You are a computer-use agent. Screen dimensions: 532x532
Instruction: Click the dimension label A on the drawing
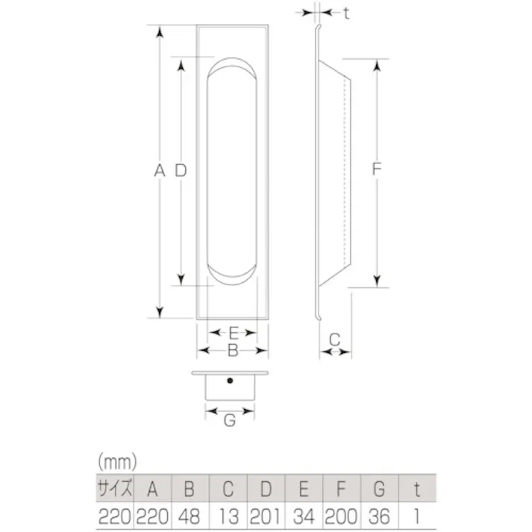[158, 171]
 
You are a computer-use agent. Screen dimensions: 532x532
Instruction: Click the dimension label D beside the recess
[180, 171]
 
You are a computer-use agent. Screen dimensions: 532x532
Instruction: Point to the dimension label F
[377, 171]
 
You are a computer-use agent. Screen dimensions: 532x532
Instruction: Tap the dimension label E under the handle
[233, 333]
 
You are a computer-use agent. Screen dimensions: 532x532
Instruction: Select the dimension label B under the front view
[233, 349]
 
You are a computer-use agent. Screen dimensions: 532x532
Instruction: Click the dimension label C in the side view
[334, 339]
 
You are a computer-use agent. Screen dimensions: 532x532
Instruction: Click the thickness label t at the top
[347, 13]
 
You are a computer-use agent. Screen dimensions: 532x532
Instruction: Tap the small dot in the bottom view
[231, 382]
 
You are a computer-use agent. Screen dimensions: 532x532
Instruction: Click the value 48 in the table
[190, 516]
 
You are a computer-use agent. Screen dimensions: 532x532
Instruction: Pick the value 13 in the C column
[228, 516]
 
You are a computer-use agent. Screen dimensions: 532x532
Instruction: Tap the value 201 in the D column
[265, 516]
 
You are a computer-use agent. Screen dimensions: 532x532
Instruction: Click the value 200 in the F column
[340, 516]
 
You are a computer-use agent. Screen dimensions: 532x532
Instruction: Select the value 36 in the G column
[379, 516]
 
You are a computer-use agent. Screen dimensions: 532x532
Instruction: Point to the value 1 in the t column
[417, 516]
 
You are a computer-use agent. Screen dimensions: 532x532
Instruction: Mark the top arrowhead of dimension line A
[158, 31]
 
